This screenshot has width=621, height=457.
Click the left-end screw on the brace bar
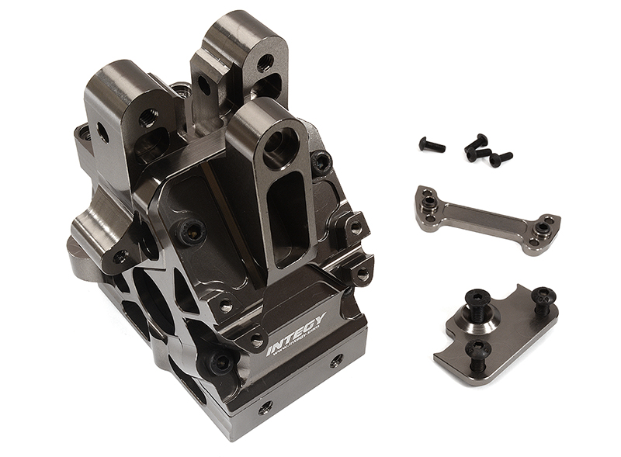point(429,203)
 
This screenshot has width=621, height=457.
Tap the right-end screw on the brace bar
point(543,228)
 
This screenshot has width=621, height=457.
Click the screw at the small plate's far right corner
point(543,296)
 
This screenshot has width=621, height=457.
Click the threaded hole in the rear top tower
point(265,62)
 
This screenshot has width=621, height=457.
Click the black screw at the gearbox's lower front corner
point(220,362)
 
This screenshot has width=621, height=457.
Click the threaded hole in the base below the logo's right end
point(335,362)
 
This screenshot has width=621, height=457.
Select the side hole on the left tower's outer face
point(102,134)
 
